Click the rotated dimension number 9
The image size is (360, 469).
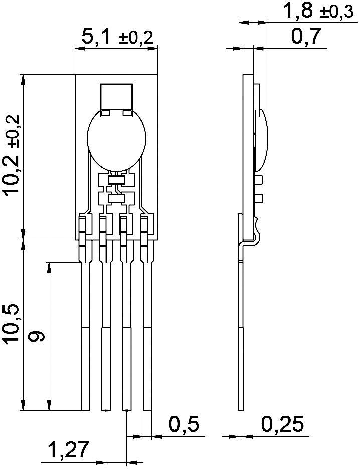(37, 336)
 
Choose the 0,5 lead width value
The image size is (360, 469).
(184, 425)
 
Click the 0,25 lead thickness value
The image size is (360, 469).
(282, 425)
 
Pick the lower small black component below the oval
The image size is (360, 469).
(116, 199)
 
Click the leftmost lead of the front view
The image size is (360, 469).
(85, 341)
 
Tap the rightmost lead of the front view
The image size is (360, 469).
(147, 341)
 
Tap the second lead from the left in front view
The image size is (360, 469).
(106, 341)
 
